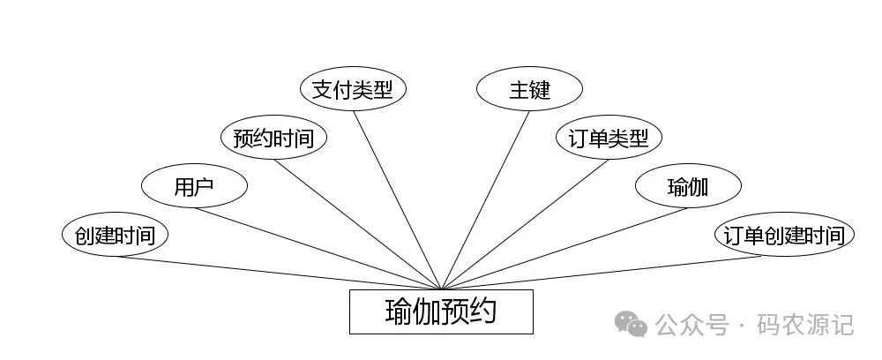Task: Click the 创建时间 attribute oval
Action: [x=115, y=235]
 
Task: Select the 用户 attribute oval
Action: [x=194, y=186]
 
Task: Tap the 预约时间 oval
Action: [x=273, y=138]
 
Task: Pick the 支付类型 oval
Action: [x=353, y=89]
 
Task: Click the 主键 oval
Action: [x=529, y=89]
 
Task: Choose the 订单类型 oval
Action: [x=609, y=138]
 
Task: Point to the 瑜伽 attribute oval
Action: [x=688, y=186]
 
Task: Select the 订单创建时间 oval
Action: [x=784, y=235]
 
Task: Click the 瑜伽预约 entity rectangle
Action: [x=441, y=311]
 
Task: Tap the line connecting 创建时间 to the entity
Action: [x=278, y=273]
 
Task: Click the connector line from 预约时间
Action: [x=357, y=224]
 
